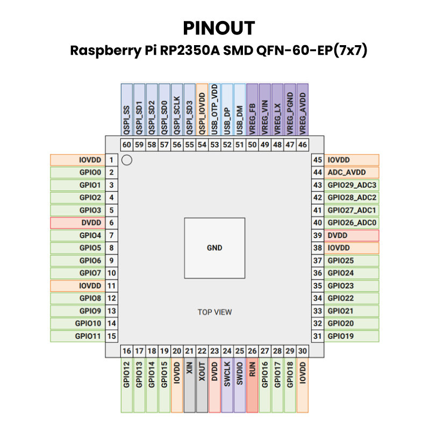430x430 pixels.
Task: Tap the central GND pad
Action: coord(214,248)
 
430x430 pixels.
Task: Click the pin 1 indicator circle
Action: coord(127,160)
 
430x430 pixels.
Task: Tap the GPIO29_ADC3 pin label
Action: coord(352,185)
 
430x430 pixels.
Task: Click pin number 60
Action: coord(127,145)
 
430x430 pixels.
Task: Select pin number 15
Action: coord(112,336)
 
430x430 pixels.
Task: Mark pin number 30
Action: coord(303,351)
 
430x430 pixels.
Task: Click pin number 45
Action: coord(318,160)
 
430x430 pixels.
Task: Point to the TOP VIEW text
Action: coord(214,312)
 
